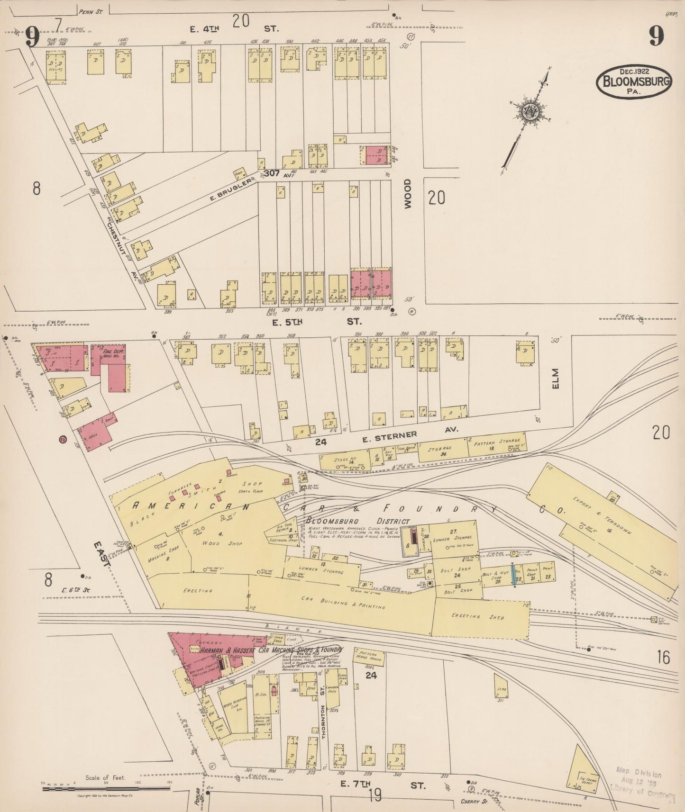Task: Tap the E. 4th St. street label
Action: point(234,29)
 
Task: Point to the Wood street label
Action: point(408,193)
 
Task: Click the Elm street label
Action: point(556,379)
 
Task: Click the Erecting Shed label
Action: point(480,617)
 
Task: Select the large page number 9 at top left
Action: point(33,37)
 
